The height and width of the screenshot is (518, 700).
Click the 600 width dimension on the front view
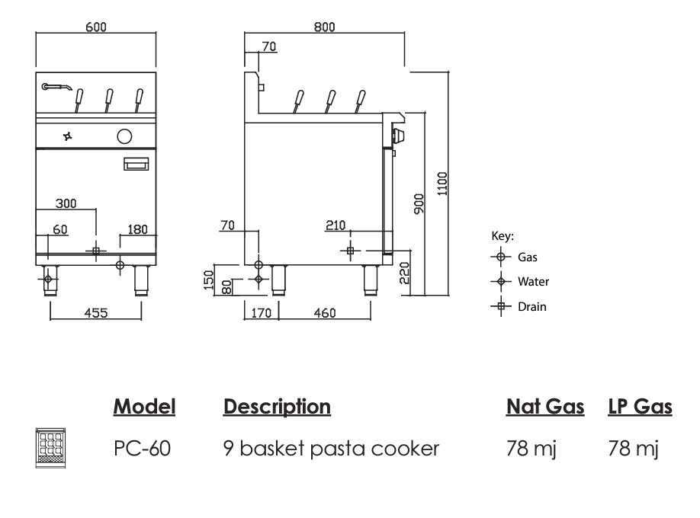coord(96,27)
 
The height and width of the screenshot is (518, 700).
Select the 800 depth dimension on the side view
coord(324,27)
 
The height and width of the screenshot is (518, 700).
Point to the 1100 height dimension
coord(442,183)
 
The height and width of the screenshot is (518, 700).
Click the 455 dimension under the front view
coord(96,312)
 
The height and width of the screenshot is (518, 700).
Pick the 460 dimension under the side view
coord(324,312)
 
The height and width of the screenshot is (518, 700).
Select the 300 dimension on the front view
coord(66,203)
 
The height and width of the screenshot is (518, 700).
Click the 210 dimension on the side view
coord(335,225)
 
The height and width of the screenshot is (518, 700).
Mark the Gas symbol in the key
coord(501,257)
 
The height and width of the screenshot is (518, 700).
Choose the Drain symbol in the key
coord(501,307)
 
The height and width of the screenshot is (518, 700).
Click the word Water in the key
coord(533,282)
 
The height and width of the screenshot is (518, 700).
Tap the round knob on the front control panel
coord(123,137)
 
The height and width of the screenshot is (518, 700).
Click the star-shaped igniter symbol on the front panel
coord(68,137)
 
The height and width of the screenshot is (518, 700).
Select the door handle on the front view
coord(137,163)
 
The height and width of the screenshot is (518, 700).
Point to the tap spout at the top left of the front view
coord(56,87)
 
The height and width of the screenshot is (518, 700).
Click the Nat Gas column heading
coord(545,407)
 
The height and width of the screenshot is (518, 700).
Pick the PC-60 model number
coord(142,448)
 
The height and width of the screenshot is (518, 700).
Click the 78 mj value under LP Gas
coord(632,448)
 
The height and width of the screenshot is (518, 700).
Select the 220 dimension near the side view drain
coord(404,271)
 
